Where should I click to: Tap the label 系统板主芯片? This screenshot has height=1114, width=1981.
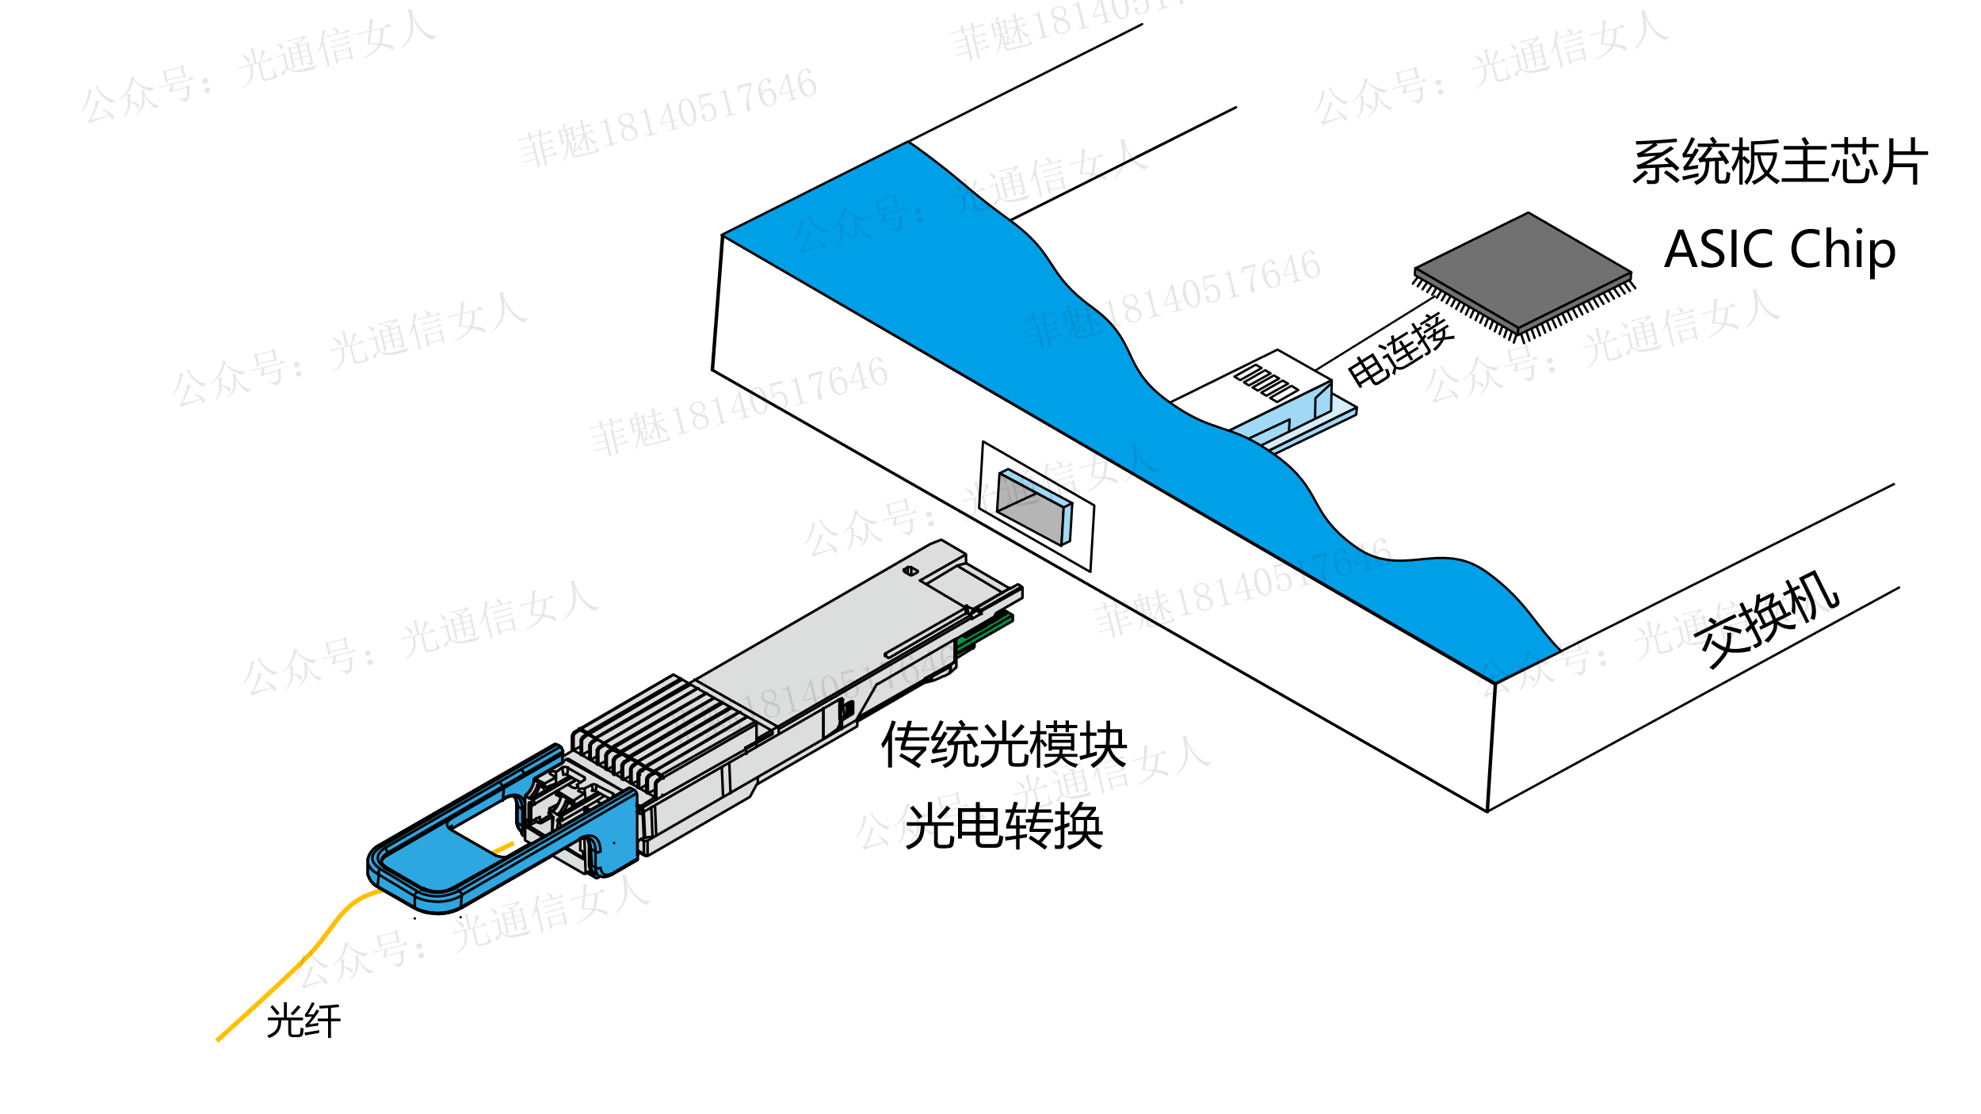click(1779, 162)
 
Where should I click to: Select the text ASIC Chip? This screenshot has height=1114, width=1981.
click(1779, 250)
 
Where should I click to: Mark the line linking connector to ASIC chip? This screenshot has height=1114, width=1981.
click(1375, 334)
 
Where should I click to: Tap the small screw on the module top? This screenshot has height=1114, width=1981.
click(910, 570)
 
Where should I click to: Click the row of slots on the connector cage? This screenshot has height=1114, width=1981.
click(1266, 382)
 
